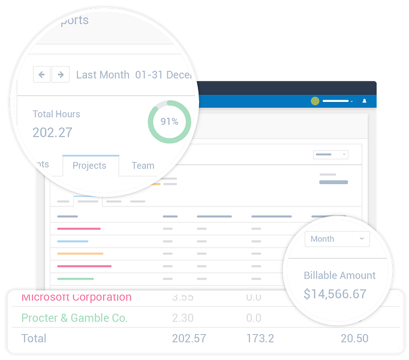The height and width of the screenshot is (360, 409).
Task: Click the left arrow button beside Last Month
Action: (x=41, y=74)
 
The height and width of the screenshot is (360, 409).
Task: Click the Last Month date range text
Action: (x=103, y=75)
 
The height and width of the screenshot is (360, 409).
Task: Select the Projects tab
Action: (x=89, y=166)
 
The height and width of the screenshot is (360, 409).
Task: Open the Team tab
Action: (x=143, y=166)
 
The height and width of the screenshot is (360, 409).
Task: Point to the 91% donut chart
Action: (x=169, y=122)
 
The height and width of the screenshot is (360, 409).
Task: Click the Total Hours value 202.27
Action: (x=52, y=132)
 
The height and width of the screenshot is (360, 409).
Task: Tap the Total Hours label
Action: (x=56, y=114)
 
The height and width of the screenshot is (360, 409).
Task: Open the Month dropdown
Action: (x=337, y=239)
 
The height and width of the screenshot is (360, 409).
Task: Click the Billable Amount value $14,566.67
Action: (x=335, y=294)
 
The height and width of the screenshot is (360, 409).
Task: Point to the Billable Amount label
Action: (x=339, y=275)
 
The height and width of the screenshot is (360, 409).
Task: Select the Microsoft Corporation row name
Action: (x=76, y=297)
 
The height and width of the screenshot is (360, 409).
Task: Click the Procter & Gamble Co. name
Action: (x=74, y=318)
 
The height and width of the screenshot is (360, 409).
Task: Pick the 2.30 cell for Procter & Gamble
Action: (x=182, y=318)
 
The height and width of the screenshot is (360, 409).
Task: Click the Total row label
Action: (x=34, y=338)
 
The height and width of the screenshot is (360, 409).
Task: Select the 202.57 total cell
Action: (x=188, y=338)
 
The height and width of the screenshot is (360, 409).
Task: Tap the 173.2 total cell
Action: (x=260, y=338)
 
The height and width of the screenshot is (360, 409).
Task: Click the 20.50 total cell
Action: (x=354, y=338)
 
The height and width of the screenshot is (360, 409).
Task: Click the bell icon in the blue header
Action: (x=364, y=101)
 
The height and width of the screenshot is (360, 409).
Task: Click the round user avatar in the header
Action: (x=315, y=101)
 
